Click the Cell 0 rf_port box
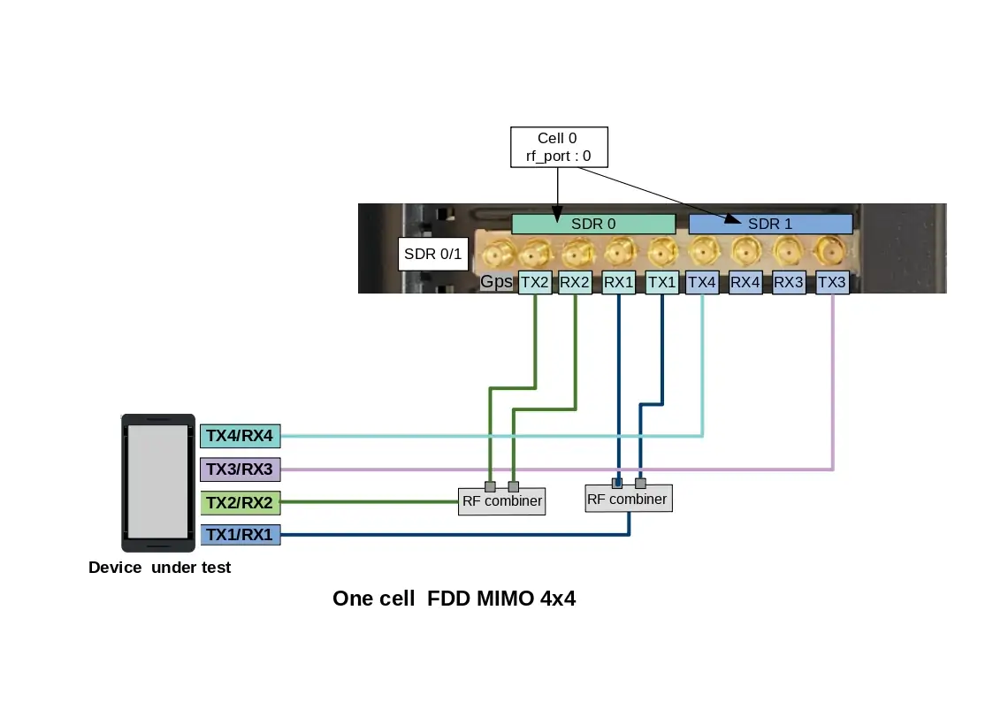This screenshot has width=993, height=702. click(559, 148)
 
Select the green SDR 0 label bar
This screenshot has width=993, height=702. click(593, 224)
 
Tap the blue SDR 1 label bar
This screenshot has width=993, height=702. click(770, 224)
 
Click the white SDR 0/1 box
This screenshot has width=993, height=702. click(432, 256)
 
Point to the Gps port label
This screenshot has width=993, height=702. click(496, 283)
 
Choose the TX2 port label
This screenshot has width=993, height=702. click(535, 283)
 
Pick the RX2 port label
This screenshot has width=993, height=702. click(575, 283)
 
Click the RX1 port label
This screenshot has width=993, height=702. click(618, 283)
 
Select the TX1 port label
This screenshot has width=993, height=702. click(662, 283)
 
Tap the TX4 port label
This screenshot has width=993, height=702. click(702, 283)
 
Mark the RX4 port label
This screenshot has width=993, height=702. click(745, 283)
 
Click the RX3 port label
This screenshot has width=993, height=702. click(789, 283)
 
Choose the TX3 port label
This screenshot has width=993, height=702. click(832, 283)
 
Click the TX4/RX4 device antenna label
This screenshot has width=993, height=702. click(241, 435)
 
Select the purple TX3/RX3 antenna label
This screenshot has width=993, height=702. click(241, 469)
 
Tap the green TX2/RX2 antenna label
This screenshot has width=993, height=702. click(241, 503)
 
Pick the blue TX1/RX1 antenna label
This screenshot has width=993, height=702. click(241, 535)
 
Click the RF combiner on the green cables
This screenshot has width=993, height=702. click(501, 502)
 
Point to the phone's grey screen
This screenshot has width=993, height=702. click(158, 481)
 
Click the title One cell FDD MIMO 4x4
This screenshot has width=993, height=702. click(454, 599)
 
